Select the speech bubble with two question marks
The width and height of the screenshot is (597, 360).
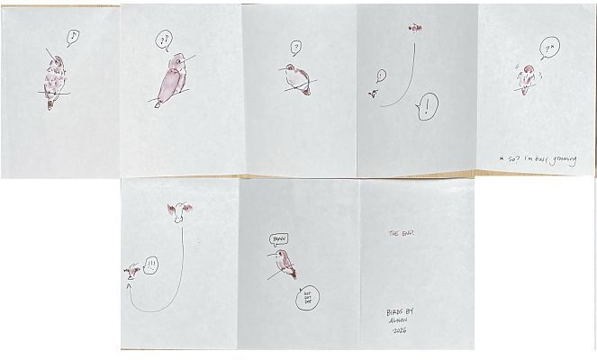[x=163, y=40]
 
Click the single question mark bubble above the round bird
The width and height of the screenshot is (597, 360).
[x=295, y=47]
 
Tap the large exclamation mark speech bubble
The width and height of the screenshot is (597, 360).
[x=427, y=108]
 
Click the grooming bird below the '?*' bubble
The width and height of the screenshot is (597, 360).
[x=526, y=80]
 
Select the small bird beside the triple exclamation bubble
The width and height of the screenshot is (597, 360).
[x=133, y=268]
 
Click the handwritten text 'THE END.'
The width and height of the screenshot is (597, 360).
[x=400, y=232]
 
